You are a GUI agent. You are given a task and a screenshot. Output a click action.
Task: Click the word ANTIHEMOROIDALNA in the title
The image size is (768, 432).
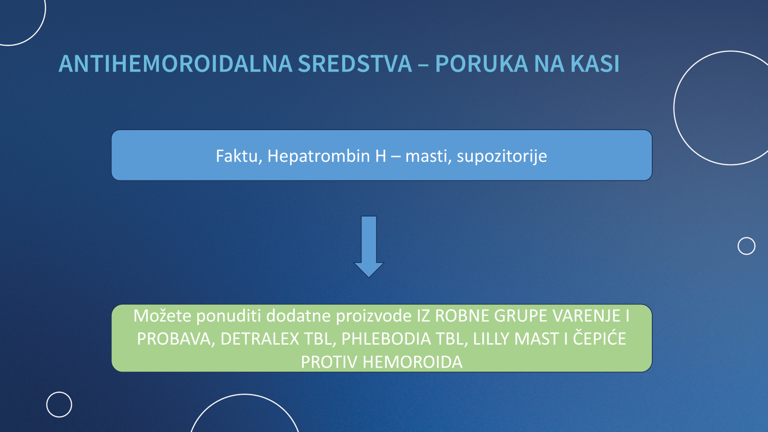point(175,64)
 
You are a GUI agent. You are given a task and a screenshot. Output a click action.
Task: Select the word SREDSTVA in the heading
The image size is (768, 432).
point(355,64)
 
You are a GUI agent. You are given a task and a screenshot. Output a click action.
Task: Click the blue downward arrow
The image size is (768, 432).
point(369,247)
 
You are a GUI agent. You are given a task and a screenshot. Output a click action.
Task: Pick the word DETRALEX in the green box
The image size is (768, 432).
point(260,339)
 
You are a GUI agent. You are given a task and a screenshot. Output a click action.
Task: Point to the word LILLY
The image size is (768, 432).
point(491,339)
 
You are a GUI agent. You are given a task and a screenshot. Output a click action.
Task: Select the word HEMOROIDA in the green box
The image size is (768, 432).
point(412,362)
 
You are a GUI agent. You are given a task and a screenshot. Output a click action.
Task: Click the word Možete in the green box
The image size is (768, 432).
point(162,315)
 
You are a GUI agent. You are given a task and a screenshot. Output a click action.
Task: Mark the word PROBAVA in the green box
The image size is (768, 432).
point(176,339)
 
